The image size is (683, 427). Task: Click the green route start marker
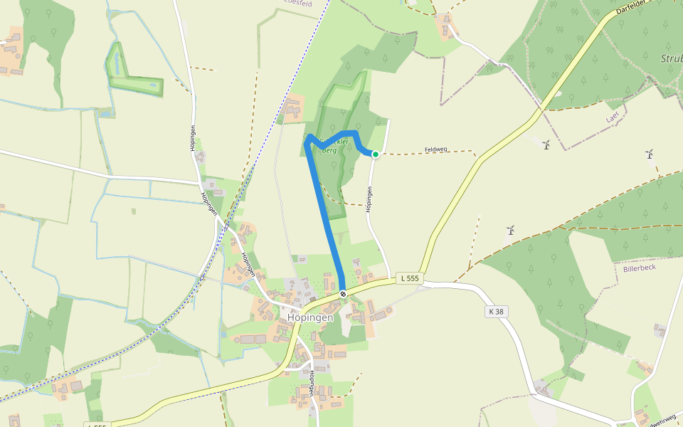376,154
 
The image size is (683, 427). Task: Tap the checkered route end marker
343,293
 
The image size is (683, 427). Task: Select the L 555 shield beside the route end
411,278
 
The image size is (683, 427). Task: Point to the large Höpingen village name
310,318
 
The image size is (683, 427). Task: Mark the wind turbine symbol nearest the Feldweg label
546,145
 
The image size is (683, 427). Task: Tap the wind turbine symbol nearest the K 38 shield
510,230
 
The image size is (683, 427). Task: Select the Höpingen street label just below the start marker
369,199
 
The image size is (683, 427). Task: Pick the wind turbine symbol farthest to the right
649,153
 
